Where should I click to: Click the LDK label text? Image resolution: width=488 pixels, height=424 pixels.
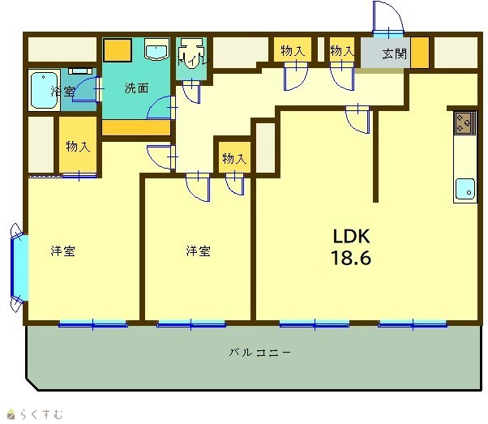coord(352,236)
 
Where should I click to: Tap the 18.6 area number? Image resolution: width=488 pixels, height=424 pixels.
coord(351,258)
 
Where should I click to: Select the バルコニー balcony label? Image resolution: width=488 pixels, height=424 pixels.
coord(260,353)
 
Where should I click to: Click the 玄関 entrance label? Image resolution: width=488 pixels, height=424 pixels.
coord(395,54)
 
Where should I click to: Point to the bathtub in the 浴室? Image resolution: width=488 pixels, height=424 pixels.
coord(44,91)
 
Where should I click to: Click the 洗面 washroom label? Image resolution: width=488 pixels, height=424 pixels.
coord(136,88)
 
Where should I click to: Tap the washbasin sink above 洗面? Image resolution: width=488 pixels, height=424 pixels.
coord(157,49)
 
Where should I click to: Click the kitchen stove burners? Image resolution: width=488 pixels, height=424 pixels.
coord(464,122)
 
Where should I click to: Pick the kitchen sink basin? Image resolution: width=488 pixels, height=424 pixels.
coord(465,189)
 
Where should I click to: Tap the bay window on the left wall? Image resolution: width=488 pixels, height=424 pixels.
coord(19,268)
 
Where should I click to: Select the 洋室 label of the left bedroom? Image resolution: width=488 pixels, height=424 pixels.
coord(63,251)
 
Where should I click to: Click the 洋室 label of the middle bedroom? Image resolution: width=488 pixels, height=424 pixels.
coord(199,251)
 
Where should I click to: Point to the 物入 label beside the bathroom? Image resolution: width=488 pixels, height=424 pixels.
coord(78,146)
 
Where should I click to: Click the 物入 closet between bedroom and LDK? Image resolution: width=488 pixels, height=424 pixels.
coord(234,158)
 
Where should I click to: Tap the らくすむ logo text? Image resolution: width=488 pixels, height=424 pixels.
coord(41,414)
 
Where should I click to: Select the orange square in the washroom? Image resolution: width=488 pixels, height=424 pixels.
coord(118,50)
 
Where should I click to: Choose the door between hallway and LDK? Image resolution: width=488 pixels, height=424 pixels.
coord(358,119)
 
